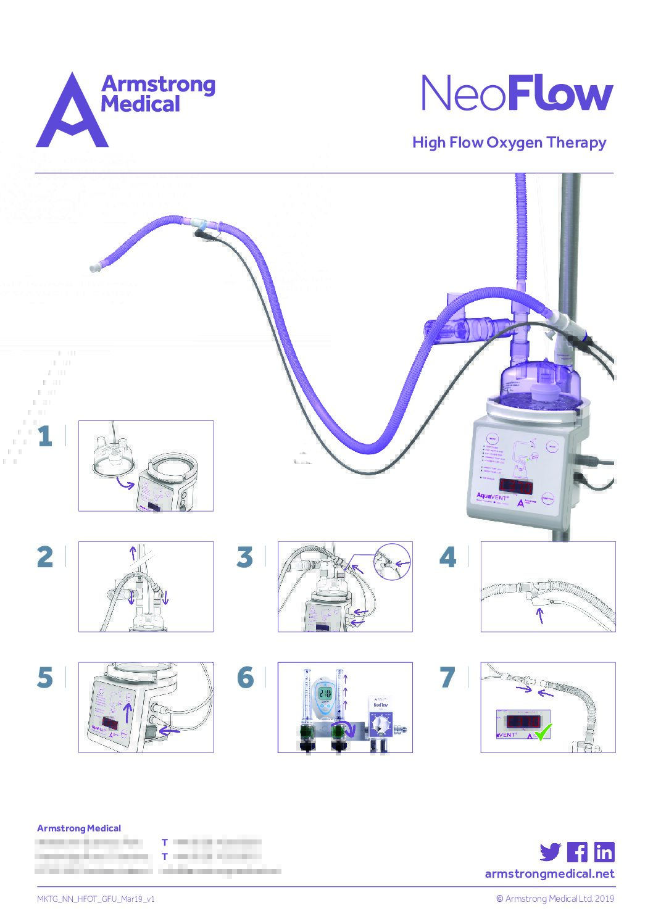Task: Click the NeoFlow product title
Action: [517, 94]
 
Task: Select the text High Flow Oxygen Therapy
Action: [509, 143]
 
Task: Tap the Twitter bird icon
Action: [550, 852]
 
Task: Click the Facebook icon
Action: [577, 852]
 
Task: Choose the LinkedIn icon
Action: [604, 852]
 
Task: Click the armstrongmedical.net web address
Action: [549, 873]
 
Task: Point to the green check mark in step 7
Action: [543, 732]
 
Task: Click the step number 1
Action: [45, 436]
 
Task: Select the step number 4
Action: [447, 557]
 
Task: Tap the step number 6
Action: [245, 678]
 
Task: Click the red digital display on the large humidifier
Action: [515, 486]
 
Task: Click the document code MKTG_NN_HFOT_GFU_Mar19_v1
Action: [96, 899]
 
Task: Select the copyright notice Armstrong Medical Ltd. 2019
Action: [555, 899]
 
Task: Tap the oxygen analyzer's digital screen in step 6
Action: [325, 694]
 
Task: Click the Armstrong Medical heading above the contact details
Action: [79, 828]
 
